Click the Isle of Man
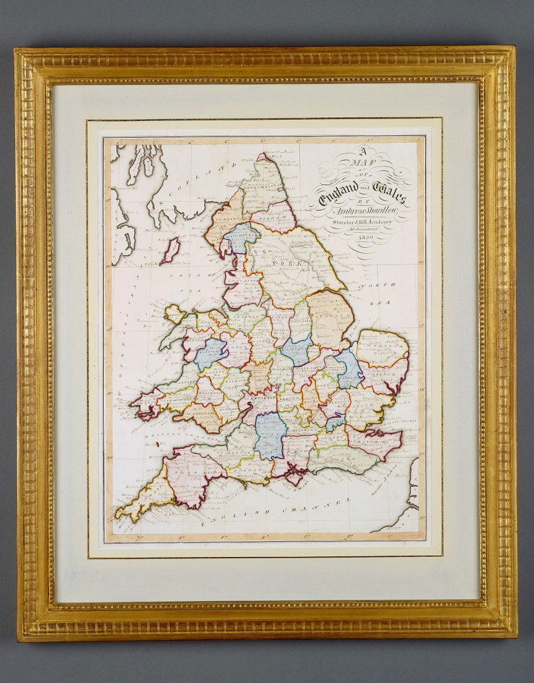click(170, 250)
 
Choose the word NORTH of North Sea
click(378, 285)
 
